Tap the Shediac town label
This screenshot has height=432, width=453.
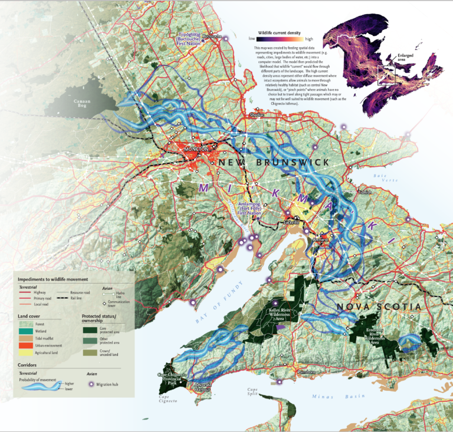click(258, 115)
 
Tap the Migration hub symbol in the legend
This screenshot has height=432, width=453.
click(92, 384)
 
